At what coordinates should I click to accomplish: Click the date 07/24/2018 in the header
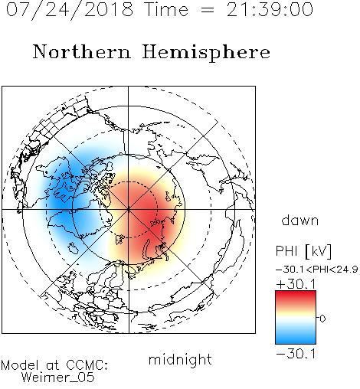(x=70, y=10)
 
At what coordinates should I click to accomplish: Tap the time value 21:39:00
(x=270, y=10)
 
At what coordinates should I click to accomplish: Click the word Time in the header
(x=166, y=10)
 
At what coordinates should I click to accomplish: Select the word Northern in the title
(x=82, y=52)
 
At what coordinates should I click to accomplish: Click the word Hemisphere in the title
(x=206, y=53)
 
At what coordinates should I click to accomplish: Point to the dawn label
(x=300, y=220)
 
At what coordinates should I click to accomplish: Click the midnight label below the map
(x=180, y=360)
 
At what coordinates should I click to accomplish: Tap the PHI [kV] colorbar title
(x=304, y=251)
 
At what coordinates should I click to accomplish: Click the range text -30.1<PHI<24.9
(x=317, y=270)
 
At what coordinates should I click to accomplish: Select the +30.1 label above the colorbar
(x=296, y=284)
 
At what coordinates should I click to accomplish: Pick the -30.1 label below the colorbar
(x=296, y=354)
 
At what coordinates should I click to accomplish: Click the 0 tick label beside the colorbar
(x=323, y=319)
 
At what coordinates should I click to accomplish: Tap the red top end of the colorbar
(x=296, y=293)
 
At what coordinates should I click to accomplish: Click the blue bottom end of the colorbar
(x=296, y=342)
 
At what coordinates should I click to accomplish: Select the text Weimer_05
(x=58, y=378)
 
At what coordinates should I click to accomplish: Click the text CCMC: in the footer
(x=87, y=365)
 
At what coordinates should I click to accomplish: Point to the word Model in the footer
(x=21, y=365)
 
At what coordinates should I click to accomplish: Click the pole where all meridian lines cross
(x=129, y=210)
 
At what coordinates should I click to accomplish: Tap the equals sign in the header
(x=208, y=10)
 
